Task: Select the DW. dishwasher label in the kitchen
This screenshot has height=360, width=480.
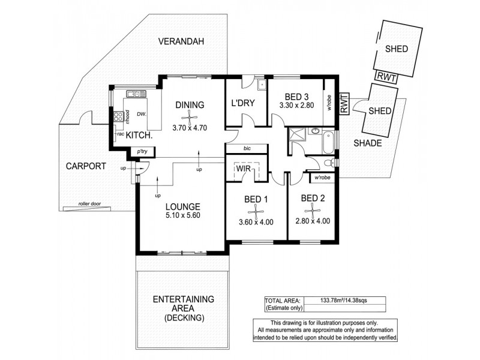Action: point(142,113)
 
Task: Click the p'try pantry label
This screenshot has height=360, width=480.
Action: point(143,152)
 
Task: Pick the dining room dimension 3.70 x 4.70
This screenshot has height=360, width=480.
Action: point(189,127)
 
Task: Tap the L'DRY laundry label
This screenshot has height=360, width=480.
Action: point(244,104)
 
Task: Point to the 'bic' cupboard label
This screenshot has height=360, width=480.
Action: point(247,147)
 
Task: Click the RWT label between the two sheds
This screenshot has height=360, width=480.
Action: point(383,76)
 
